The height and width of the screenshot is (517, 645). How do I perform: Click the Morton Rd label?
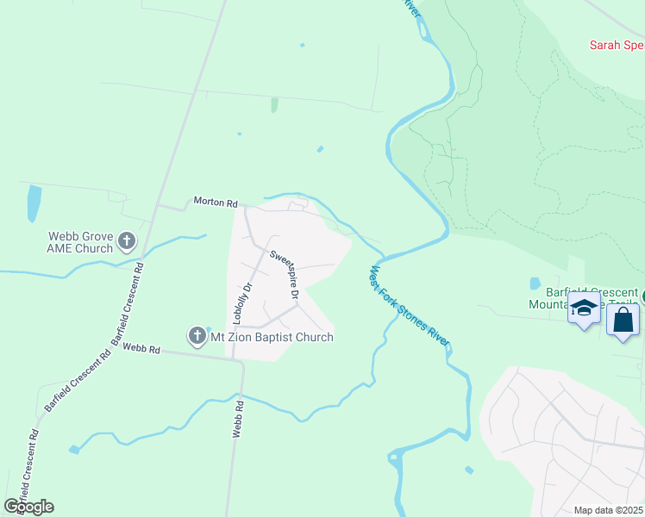pyautogui.click(x=215, y=202)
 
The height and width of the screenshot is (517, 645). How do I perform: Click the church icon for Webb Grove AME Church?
pyautogui.click(x=127, y=240)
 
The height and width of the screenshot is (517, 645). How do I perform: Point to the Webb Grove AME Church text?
pyautogui.click(x=81, y=242)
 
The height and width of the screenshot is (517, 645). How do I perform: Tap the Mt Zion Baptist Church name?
pyautogui.click(x=272, y=337)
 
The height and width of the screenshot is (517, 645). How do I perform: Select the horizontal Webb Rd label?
pyautogui.click(x=141, y=349)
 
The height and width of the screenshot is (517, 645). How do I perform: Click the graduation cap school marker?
pyautogui.click(x=584, y=308)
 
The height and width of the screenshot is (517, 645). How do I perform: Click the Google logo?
pyautogui.click(x=28, y=506)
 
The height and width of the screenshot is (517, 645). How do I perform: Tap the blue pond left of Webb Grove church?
pyautogui.click(x=34, y=203)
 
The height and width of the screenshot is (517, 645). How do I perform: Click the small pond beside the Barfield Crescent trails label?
pyautogui.click(x=535, y=283)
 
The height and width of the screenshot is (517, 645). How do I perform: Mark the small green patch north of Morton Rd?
pyautogui.click(x=274, y=105)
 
